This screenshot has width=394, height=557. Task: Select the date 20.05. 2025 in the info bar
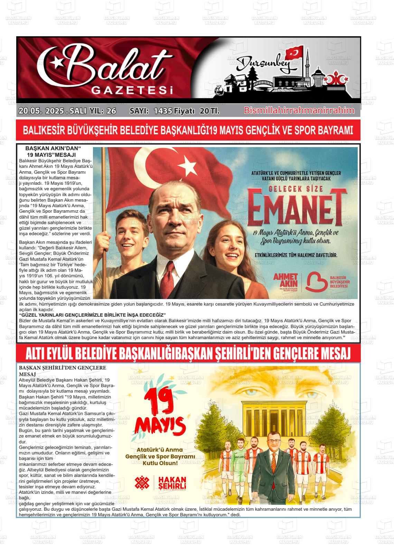click(x=41, y=111)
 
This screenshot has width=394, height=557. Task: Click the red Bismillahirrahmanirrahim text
click(x=299, y=111)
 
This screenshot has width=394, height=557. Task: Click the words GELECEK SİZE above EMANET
click(x=296, y=189)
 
